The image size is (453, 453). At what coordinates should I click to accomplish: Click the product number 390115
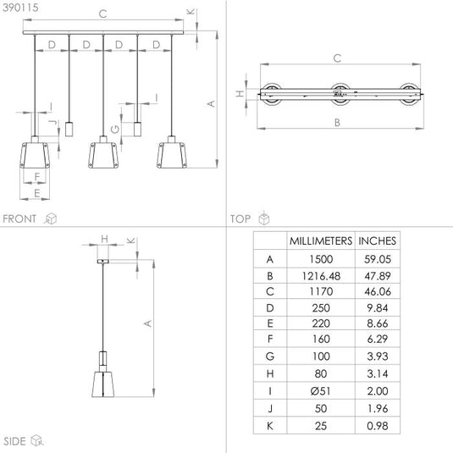click(x=20, y=8)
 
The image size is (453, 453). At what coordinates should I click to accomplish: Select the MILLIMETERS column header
click(x=321, y=241)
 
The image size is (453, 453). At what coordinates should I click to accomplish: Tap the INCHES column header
click(x=377, y=241)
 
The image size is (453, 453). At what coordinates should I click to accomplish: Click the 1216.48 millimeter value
click(x=321, y=276)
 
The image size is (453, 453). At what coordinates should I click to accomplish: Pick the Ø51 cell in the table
click(x=321, y=391)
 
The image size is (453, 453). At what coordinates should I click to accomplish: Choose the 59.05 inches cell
click(x=378, y=259)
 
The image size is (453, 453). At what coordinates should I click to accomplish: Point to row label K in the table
click(x=270, y=426)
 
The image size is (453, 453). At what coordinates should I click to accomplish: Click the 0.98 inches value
click(x=378, y=426)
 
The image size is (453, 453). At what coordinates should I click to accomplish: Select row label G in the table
click(x=270, y=356)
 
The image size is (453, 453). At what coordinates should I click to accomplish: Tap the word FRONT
click(x=19, y=218)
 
